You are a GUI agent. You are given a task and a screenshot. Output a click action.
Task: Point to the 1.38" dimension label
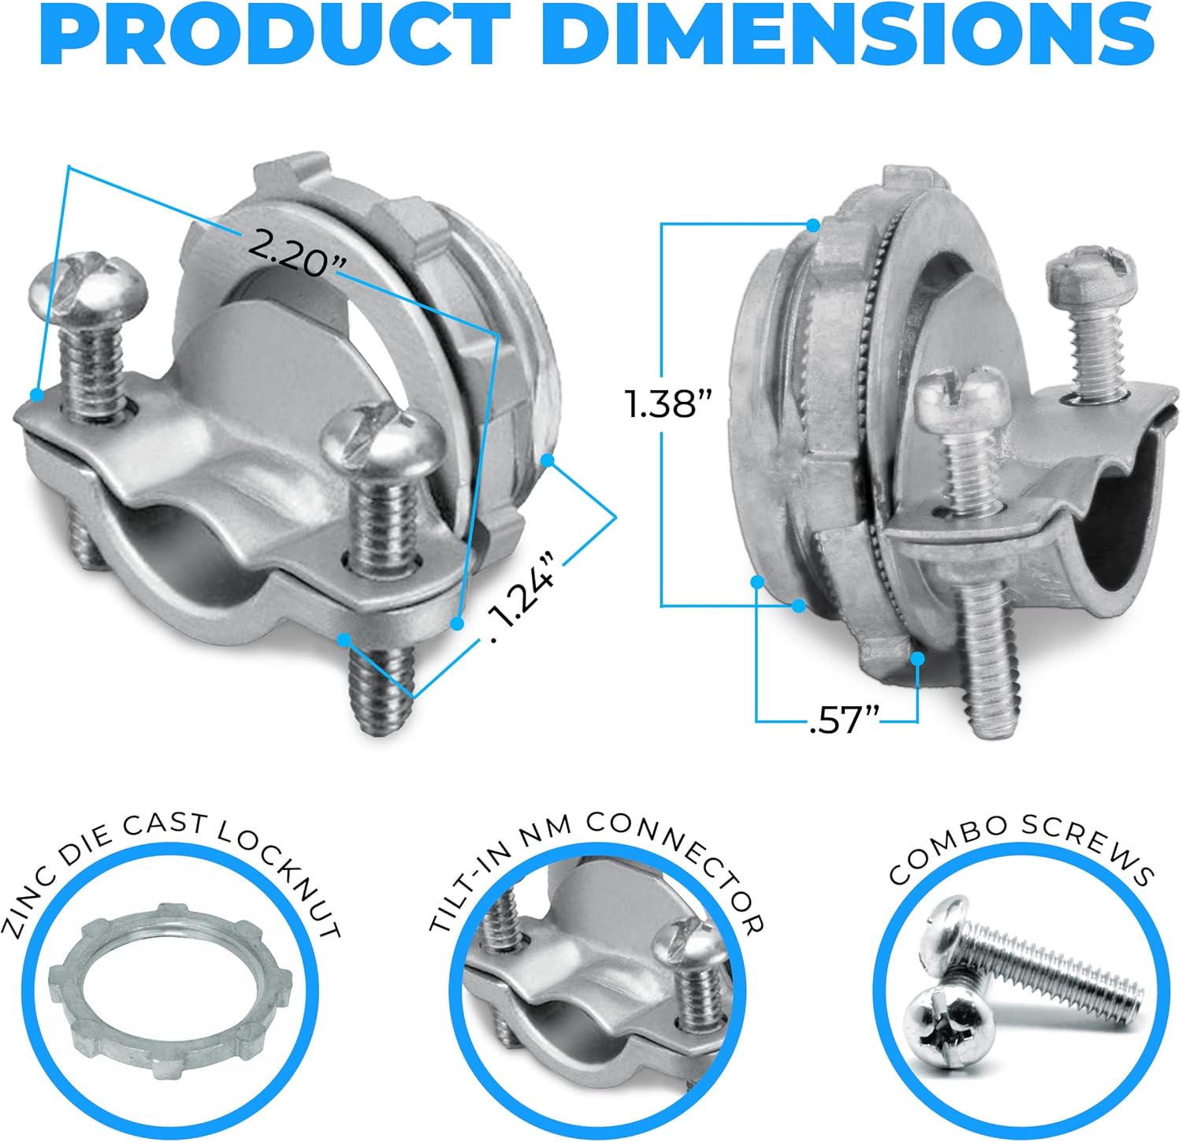click(x=667, y=404)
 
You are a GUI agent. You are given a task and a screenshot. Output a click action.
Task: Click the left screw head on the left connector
click(x=87, y=285)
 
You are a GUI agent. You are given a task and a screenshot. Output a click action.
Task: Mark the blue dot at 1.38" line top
click(x=812, y=225)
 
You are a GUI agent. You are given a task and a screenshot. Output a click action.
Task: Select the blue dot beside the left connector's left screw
click(x=35, y=394)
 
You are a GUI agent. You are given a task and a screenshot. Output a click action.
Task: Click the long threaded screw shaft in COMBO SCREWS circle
click(x=1056, y=970)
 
